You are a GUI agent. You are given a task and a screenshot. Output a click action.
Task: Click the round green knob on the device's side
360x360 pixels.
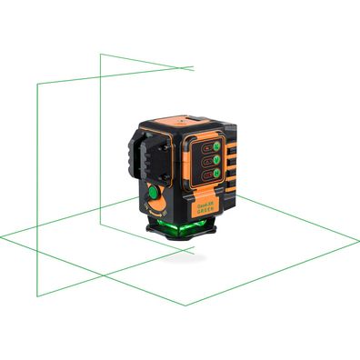point(152,194)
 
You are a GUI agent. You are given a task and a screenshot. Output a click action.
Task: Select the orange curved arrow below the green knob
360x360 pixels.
point(151,210)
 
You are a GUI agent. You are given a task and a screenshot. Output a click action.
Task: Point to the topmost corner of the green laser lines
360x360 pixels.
point(100,54)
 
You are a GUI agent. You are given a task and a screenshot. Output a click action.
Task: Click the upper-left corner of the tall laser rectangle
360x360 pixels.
point(35,85)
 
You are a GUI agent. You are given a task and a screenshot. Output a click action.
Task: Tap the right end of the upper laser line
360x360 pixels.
point(194,68)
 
